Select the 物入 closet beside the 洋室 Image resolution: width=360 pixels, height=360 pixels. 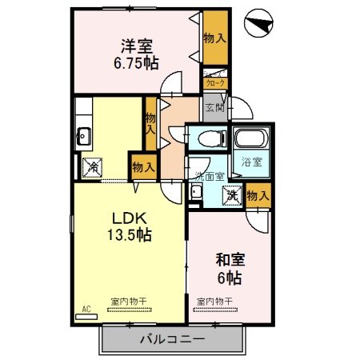214,38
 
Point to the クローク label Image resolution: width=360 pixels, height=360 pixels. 215,83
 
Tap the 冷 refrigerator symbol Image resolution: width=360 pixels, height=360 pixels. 92,167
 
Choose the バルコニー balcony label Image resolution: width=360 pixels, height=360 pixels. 172,338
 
